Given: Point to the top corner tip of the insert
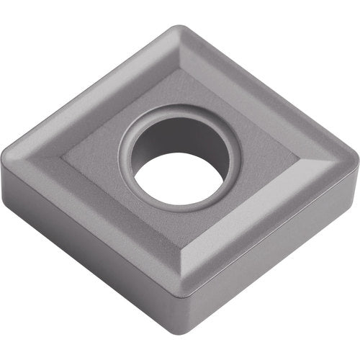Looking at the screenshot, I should tap(179, 29).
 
